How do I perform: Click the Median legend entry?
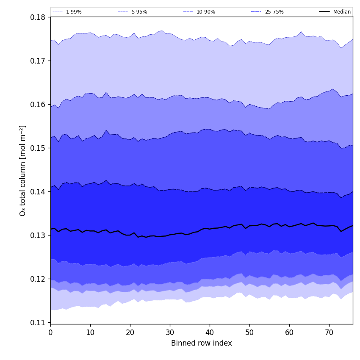[341, 12]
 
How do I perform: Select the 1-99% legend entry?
[74, 12]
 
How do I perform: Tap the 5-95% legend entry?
[139, 12]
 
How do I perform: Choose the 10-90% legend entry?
[205, 12]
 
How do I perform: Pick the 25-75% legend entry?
[274, 12]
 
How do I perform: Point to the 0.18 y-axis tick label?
[38, 17]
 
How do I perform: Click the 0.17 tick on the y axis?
[38, 61]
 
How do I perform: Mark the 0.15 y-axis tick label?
[38, 148]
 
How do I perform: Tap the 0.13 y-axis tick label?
[38, 235]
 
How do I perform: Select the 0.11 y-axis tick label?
[38, 323]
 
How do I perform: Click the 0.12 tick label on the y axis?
[38, 279]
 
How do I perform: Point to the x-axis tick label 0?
[50, 332]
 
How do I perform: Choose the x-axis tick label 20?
[130, 332]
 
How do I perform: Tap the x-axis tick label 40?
[210, 332]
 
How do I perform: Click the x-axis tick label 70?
[329, 332]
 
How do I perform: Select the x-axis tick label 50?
[249, 332]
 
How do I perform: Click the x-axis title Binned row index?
[202, 343]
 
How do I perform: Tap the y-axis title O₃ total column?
[23, 170]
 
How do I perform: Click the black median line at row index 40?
[210, 229]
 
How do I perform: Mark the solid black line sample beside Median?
[324, 12]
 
